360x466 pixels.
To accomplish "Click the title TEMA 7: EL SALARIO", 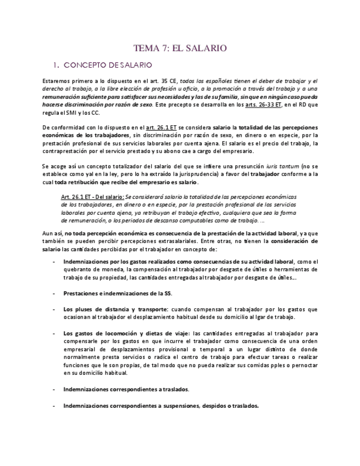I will [180, 48].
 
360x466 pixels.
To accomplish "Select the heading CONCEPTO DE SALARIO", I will [108, 65].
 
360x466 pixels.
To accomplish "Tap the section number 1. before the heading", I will [55, 65].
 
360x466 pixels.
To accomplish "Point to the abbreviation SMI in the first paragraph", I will [74, 113].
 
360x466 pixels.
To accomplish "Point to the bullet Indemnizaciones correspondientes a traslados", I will [126, 389].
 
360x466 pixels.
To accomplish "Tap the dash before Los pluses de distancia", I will [53, 309].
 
